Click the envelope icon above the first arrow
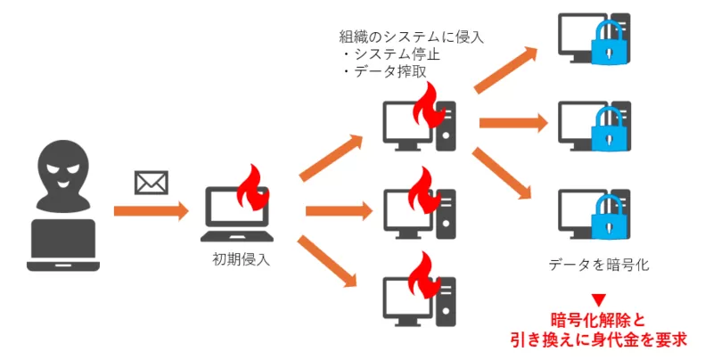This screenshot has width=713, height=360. tap(151, 183)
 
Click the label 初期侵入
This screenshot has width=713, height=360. tap(239, 259)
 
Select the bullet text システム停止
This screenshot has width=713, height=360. tap(396, 54)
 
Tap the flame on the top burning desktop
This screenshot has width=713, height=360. tap(429, 106)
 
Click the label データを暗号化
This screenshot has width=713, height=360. tap(597, 265)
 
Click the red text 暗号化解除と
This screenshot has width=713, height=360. tap(598, 320)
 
